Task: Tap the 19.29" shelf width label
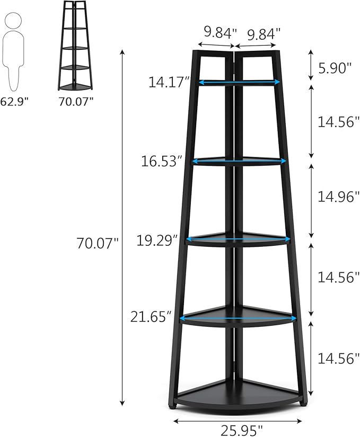click(x=156, y=240)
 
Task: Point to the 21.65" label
click(x=151, y=317)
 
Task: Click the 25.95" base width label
click(x=241, y=428)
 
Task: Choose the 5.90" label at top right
click(x=335, y=67)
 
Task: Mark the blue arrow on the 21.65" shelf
click(x=238, y=318)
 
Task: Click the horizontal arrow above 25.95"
click(x=241, y=421)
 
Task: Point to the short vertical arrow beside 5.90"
click(x=311, y=65)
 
